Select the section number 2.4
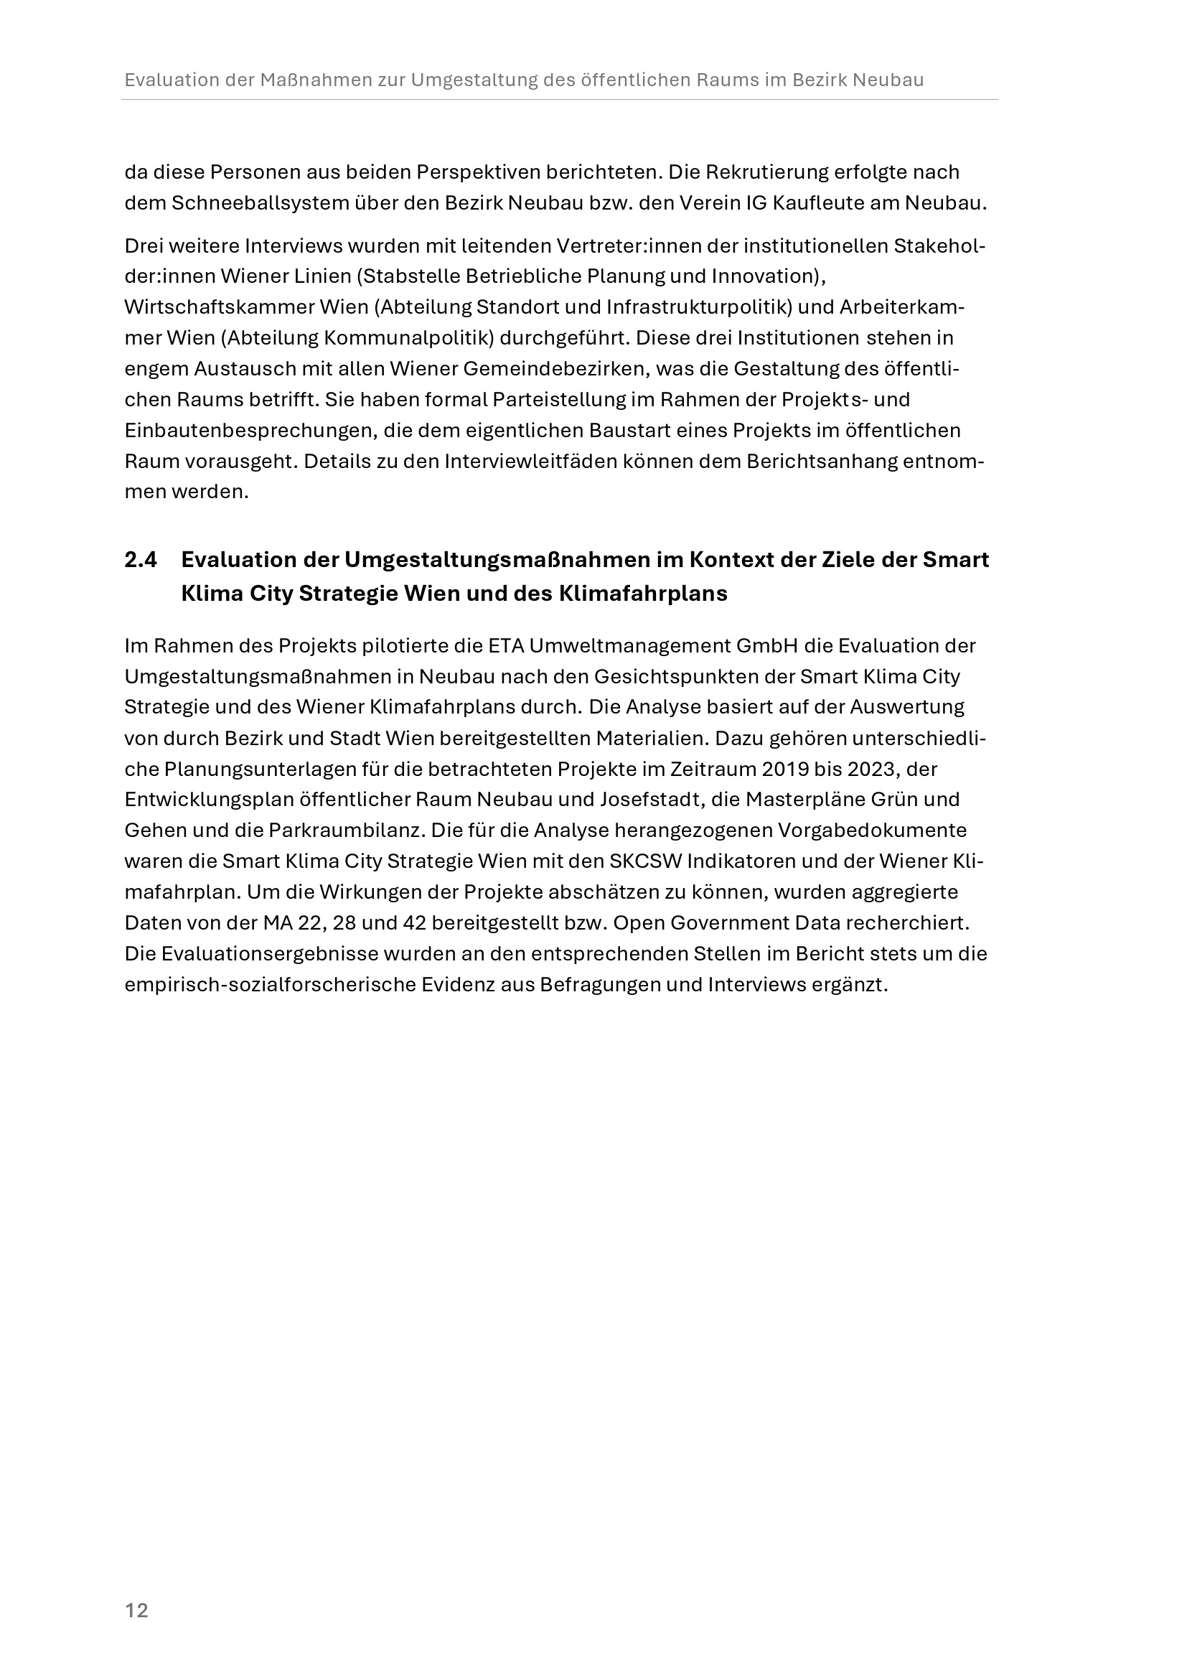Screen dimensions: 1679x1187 tap(141, 559)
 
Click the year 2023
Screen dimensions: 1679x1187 tap(869, 770)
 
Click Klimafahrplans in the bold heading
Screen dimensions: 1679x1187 tap(642, 594)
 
